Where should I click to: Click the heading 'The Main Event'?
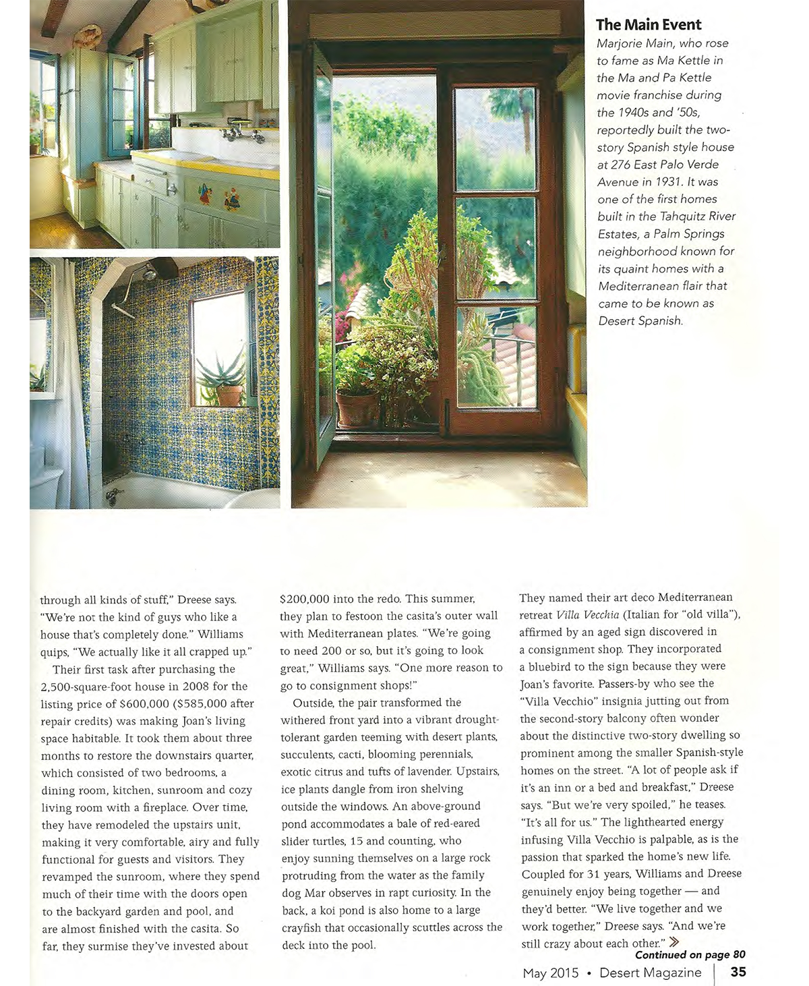tap(649, 25)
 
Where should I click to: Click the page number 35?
tap(738, 972)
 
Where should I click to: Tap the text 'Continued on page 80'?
tap(690, 954)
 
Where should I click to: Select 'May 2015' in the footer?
tap(550, 973)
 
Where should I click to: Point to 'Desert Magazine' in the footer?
tap(650, 973)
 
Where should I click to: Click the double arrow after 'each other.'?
tap(673, 941)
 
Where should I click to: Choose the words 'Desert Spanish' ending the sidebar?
tap(640, 321)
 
